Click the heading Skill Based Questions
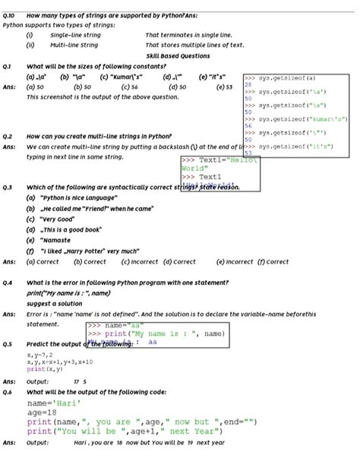click(178, 55)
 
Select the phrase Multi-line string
click(74, 46)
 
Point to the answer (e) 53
click(224, 87)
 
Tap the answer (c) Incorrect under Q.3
click(140, 261)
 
